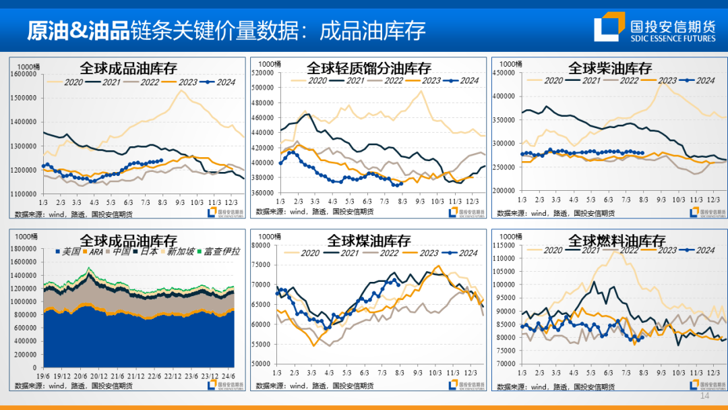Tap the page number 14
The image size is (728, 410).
[705, 397]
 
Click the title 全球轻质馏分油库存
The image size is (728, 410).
[369, 68]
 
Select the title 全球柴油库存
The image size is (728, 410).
[610, 68]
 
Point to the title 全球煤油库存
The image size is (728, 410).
[369, 240]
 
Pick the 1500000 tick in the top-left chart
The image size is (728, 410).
[24, 98]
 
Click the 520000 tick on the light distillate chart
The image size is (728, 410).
[263, 72]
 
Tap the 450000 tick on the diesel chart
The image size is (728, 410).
[504, 72]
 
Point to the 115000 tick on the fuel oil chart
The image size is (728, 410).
[504, 245]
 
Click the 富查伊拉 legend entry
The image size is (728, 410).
[220, 252]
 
